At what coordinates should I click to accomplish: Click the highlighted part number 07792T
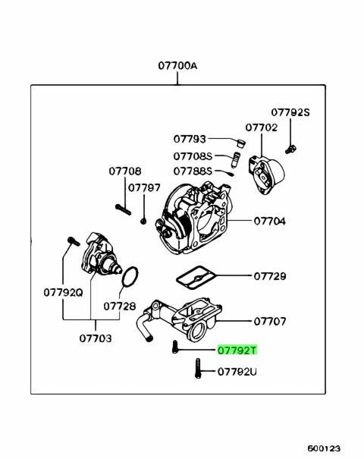237,350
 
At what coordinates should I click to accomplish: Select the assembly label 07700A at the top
177,65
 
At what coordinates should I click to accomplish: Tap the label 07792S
290,112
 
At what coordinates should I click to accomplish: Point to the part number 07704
269,221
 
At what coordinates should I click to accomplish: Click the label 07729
269,276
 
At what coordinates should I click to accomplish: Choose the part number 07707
269,321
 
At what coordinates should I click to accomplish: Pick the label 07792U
237,372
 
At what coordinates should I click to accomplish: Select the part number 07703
96,338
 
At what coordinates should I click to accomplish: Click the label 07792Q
63,292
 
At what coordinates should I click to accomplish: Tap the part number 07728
120,307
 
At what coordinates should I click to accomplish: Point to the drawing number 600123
324,448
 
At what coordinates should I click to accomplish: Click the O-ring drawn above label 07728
122,277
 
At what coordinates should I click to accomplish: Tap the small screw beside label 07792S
291,149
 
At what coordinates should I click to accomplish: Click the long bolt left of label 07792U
198,368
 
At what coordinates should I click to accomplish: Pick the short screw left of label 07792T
175,347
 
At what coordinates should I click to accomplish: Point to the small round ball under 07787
143,221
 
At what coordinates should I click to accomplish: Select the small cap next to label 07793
241,143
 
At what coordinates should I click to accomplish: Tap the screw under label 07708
123,209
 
